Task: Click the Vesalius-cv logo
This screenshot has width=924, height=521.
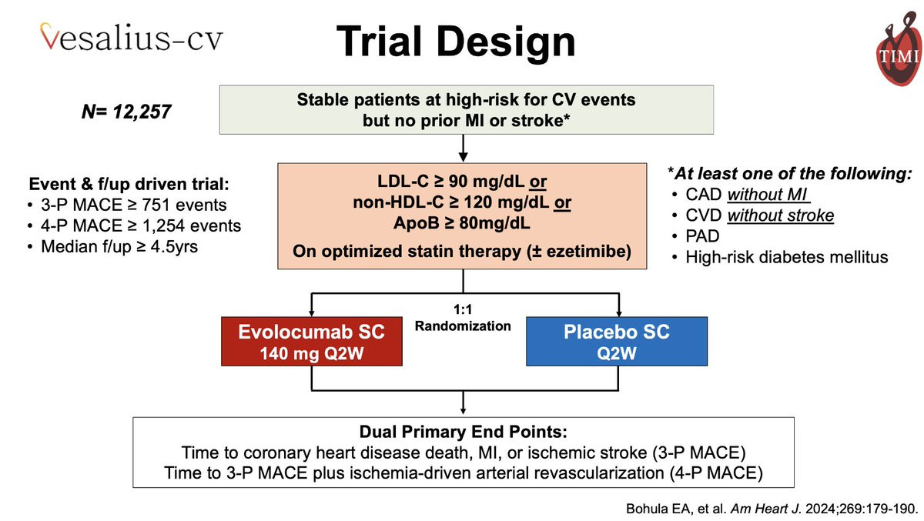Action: pyautogui.click(x=131, y=37)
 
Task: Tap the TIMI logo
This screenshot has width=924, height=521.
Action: pyautogui.click(x=899, y=48)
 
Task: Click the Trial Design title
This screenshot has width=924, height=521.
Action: pyautogui.click(x=456, y=42)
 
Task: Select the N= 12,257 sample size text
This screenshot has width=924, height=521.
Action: pyautogui.click(x=126, y=112)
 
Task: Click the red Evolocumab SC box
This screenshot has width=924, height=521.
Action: pyautogui.click(x=311, y=341)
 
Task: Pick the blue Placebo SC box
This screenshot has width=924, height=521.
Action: pyautogui.click(x=617, y=341)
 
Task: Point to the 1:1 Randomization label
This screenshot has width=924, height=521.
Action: pyautogui.click(x=463, y=318)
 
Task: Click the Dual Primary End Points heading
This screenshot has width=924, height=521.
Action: pyautogui.click(x=464, y=432)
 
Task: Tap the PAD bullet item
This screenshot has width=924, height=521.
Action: pyautogui.click(x=702, y=236)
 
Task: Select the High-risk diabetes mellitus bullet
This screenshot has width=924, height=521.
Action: pyautogui.click(x=787, y=257)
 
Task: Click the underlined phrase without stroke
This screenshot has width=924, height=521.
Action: pyautogui.click(x=781, y=215)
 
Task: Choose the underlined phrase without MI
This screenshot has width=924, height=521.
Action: pyautogui.click(x=768, y=195)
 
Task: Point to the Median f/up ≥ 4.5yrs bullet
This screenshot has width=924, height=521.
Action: pyautogui.click(x=119, y=247)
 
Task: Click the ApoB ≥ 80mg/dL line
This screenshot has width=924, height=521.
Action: pyautogui.click(x=462, y=223)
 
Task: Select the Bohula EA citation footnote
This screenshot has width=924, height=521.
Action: pyautogui.click(x=772, y=509)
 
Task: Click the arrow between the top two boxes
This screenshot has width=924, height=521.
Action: pyautogui.click(x=463, y=148)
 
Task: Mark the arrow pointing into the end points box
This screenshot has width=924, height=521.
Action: pyautogui.click(x=463, y=402)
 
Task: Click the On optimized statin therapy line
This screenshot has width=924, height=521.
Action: pyautogui.click(x=462, y=251)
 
